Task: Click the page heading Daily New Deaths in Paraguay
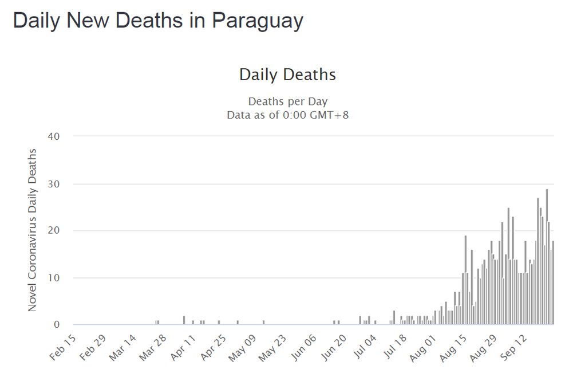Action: [158, 21]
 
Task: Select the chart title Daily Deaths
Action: [287, 74]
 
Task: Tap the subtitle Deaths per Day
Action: [287, 101]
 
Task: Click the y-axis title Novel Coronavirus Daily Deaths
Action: [32, 230]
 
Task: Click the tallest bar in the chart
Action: [547, 258]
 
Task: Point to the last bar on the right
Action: [553, 284]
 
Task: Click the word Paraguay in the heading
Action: [258, 21]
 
